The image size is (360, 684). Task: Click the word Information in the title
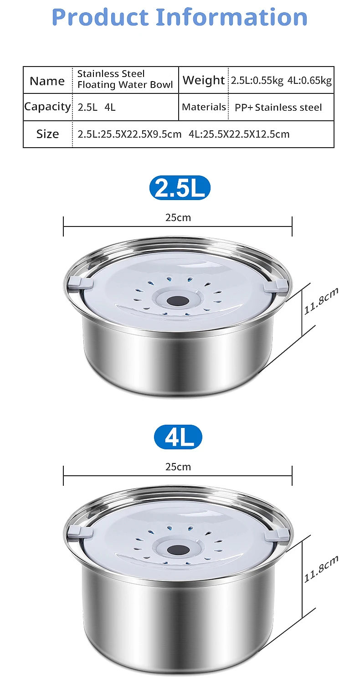[232, 17]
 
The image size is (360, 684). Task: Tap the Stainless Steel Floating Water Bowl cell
[125, 79]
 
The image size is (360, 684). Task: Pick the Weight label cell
[204, 80]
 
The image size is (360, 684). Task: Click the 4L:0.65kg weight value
[309, 80]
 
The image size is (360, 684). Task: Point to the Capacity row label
[48, 107]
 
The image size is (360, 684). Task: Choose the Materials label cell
[204, 107]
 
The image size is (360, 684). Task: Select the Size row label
[48, 134]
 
